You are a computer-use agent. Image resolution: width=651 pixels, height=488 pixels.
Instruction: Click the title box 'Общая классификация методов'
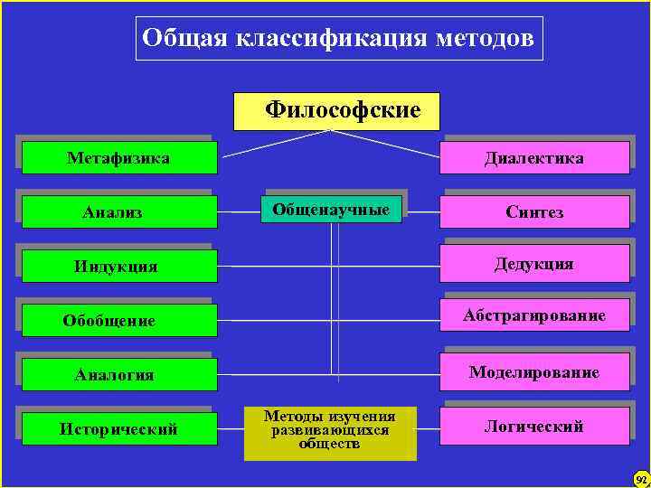339,39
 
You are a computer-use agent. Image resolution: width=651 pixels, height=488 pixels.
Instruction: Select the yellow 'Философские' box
336,111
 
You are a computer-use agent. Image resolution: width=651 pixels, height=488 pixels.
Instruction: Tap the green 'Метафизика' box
119,158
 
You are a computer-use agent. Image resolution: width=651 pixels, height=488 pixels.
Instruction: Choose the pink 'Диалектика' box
534,158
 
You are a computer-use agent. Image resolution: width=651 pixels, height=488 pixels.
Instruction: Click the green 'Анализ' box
119,212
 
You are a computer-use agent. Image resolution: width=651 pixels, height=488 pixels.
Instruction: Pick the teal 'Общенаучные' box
331,210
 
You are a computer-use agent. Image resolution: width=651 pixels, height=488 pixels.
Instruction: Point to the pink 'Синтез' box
534,212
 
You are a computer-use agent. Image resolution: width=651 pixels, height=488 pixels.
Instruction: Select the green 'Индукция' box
119,267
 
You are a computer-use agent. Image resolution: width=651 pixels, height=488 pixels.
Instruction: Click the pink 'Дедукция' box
534,264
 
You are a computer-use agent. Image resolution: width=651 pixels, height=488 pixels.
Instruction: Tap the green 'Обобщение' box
119,321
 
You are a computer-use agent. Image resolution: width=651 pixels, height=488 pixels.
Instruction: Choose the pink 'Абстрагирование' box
534,315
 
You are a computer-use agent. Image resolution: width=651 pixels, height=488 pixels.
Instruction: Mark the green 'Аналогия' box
119,374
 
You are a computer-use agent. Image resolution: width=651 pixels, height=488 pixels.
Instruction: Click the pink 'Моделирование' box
534,372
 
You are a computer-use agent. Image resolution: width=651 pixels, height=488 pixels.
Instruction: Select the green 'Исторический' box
119,428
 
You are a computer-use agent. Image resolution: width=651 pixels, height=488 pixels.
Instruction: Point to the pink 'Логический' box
534,427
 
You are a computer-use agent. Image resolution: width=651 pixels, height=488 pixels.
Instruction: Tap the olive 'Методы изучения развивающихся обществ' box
330,431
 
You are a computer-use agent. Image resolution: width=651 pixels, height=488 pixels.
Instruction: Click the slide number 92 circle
640,478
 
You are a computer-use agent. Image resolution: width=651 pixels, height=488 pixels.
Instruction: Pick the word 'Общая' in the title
187,39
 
